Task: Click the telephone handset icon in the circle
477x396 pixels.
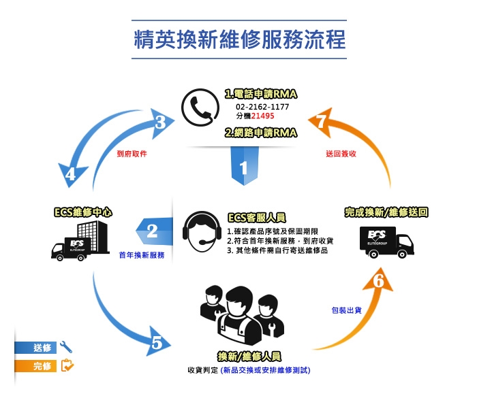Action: pos(200,108)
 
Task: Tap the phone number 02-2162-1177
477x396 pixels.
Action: pos(262,107)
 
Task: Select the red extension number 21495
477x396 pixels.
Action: pos(263,116)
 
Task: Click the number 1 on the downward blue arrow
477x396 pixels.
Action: pos(243,168)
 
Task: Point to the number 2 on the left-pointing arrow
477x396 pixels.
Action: pos(153,231)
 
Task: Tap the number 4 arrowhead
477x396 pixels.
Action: pos(71,175)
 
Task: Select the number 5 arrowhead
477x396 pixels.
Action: pos(158,342)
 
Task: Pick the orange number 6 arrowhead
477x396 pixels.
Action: pos(378,280)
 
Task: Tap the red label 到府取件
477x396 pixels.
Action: pos(132,154)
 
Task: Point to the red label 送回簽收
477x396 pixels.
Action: pos(341,154)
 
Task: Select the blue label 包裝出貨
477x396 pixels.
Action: pos(347,310)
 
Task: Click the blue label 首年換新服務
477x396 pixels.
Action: pos(142,255)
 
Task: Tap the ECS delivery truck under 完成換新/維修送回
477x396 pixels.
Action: pos(386,242)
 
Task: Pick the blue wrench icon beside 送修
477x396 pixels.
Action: pos(66,347)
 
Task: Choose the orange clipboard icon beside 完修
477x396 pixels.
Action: pos(67,365)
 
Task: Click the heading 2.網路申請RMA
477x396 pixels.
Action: pos(261,133)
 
